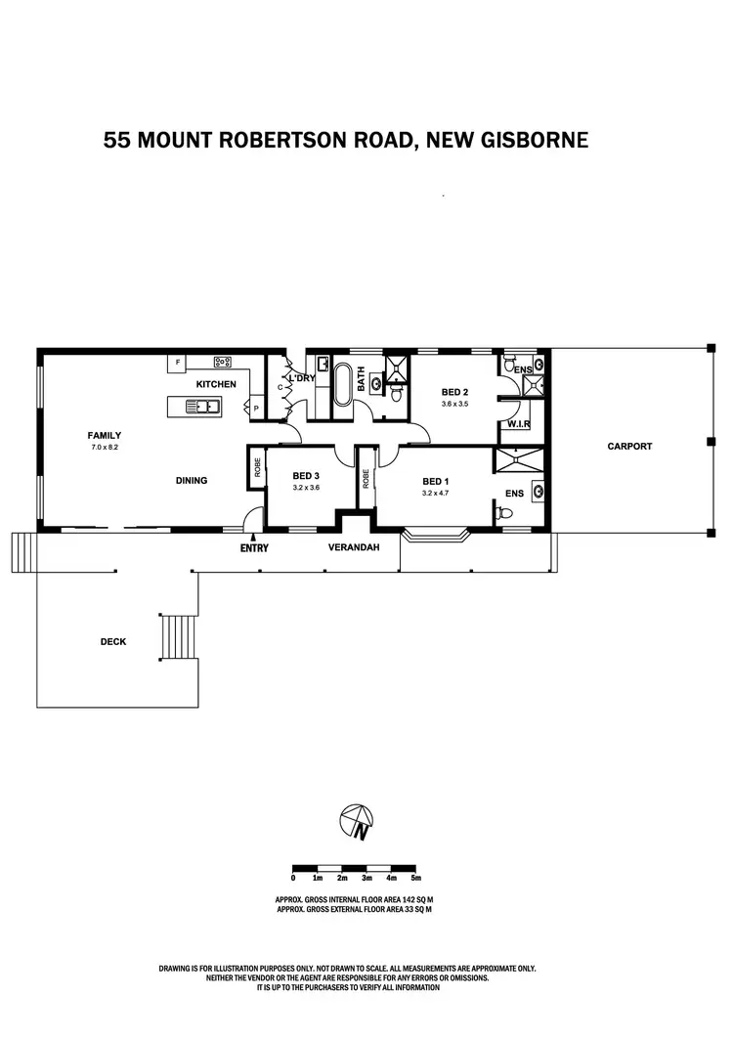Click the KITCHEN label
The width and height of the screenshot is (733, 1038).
coord(216,384)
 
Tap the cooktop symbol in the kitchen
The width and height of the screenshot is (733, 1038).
coord(222,363)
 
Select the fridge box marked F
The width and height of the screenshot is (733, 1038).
coord(178,363)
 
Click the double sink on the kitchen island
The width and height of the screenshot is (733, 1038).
coord(205,404)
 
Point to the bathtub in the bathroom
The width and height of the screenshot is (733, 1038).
coord(343,385)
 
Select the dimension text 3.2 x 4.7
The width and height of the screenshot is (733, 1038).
coord(435,494)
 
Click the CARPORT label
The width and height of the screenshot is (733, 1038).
coord(629,446)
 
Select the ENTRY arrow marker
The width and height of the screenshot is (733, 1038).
coord(253,537)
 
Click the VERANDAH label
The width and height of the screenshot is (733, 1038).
coord(350,548)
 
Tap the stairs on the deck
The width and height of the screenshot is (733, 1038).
coord(178,637)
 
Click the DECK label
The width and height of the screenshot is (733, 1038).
coord(113,641)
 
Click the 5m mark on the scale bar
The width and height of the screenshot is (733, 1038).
coord(416,878)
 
